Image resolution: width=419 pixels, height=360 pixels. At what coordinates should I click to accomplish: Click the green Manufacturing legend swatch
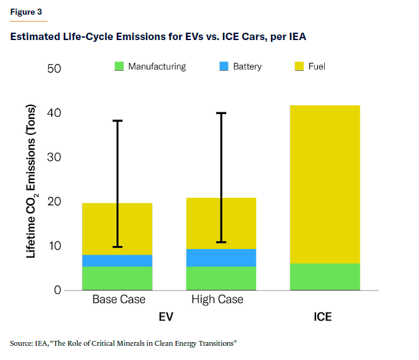(x=119, y=67)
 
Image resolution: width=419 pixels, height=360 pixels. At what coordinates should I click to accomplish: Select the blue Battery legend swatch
(x=224, y=67)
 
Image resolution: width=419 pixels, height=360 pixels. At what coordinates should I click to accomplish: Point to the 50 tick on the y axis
(x=54, y=68)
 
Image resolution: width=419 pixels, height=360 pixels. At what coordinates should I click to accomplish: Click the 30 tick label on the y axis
(x=54, y=157)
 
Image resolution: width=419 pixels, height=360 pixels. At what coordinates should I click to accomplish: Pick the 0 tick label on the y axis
(x=58, y=290)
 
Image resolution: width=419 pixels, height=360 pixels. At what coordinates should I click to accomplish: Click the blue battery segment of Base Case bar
(x=117, y=261)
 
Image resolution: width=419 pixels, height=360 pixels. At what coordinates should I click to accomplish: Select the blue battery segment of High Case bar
(x=221, y=258)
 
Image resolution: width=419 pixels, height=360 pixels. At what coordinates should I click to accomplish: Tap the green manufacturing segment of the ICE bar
(x=325, y=277)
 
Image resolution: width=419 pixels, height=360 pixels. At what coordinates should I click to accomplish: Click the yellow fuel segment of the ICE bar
(x=325, y=184)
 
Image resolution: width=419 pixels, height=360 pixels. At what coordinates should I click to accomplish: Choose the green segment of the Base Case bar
(x=117, y=279)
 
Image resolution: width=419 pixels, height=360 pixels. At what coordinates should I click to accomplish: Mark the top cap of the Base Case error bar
(x=117, y=121)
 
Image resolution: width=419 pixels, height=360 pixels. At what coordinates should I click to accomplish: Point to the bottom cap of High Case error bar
(x=221, y=242)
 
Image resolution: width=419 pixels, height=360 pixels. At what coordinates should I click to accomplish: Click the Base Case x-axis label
(x=119, y=300)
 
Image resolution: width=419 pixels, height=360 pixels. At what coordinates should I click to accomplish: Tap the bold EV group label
(x=168, y=317)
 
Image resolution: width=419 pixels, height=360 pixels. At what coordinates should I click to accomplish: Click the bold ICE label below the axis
(x=322, y=317)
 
